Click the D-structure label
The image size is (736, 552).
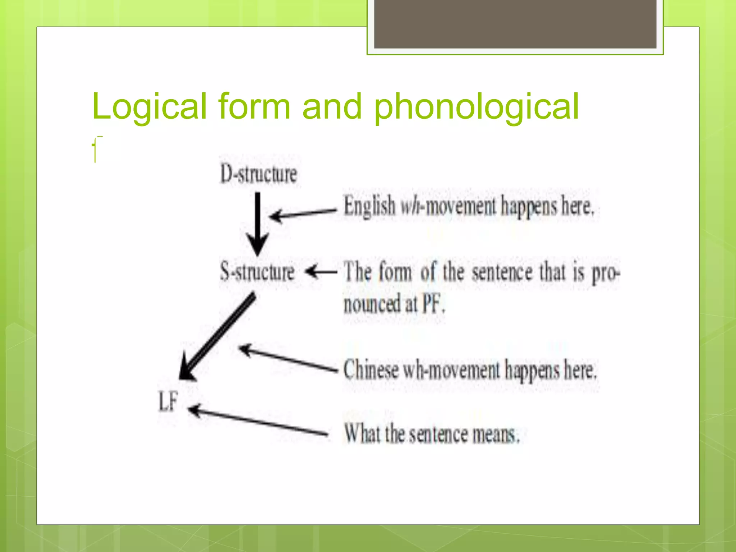(259, 174)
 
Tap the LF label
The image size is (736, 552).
(168, 401)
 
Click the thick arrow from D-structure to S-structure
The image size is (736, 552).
(257, 223)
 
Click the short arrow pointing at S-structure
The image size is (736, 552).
(321, 272)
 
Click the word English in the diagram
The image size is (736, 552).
(369, 206)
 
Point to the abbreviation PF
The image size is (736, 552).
(432, 304)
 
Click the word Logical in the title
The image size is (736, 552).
(149, 107)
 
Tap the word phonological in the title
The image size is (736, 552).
(476, 107)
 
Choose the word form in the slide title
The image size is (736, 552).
(254, 107)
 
